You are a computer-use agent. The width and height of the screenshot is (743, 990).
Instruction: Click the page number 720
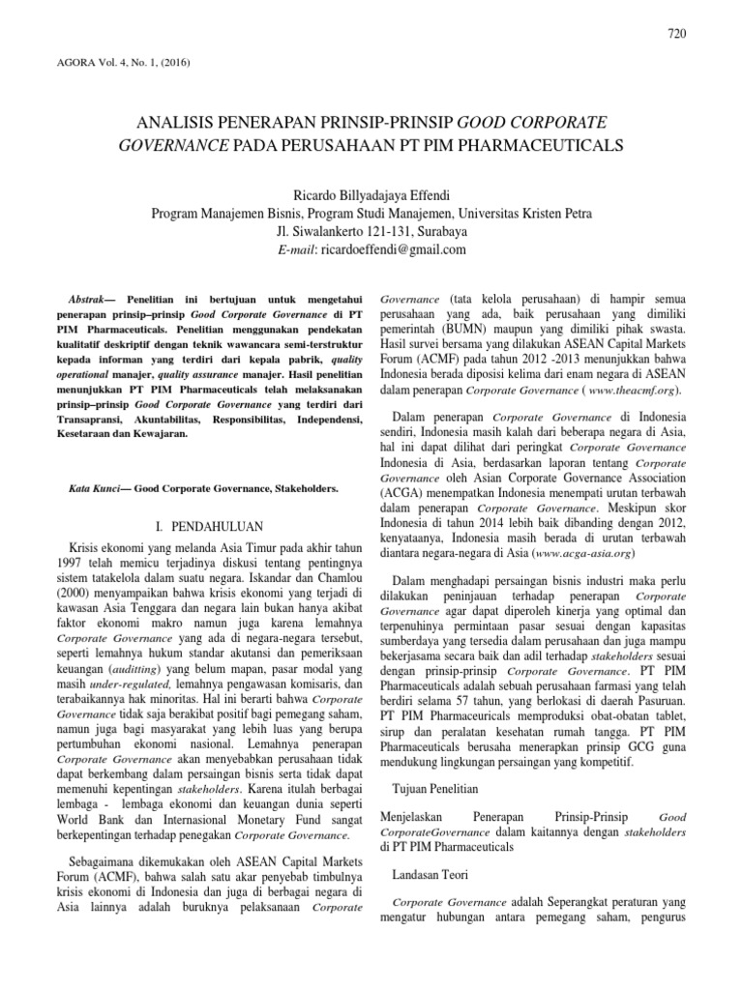tap(677, 35)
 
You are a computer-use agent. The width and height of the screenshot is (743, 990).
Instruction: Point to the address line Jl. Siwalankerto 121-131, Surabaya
tap(371, 230)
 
